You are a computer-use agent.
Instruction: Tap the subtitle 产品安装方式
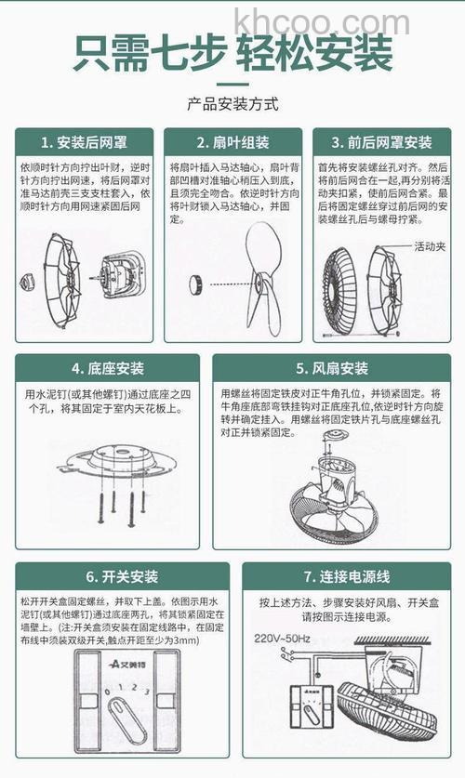pos(232,103)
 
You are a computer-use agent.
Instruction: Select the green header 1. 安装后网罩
pos(85,142)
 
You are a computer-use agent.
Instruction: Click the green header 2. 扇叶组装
pos(232,142)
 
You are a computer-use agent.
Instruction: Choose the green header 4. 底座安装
pos(108,368)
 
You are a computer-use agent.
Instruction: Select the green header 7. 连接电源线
pos(344,576)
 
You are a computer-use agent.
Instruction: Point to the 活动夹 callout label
pos(429,246)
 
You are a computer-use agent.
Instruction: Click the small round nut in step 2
pos(197,283)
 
